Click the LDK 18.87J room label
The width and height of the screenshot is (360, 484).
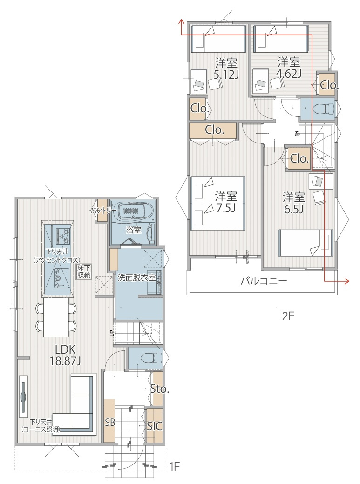click(x=65, y=355)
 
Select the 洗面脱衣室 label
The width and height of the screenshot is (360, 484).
click(x=136, y=278)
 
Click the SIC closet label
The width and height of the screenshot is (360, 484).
click(x=155, y=426)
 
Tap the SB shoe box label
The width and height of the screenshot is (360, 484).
click(x=110, y=422)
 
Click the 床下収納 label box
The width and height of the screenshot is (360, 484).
click(x=84, y=271)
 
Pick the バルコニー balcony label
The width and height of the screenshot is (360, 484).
click(x=264, y=281)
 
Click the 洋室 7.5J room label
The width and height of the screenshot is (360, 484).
click(x=226, y=202)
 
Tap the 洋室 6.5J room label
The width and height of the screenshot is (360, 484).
click(x=294, y=203)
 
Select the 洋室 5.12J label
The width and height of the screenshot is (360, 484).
click(x=226, y=68)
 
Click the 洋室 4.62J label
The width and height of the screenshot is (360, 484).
click(x=289, y=68)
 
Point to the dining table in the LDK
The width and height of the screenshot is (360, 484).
click(x=56, y=317)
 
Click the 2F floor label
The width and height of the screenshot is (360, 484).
click(x=288, y=316)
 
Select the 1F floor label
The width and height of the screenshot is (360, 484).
click(x=174, y=466)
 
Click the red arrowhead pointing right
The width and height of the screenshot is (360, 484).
click(x=346, y=281)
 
